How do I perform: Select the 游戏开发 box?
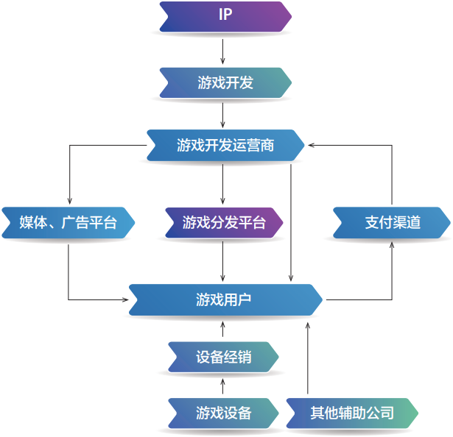(x=225, y=83)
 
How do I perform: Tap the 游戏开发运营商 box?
(x=225, y=145)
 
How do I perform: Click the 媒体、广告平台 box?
(x=68, y=222)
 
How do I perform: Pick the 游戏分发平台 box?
(x=223, y=222)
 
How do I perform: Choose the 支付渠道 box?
(x=391, y=222)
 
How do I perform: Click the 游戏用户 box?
(x=225, y=299)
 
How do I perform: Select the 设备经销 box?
(x=223, y=357)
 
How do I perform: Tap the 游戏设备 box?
(x=223, y=413)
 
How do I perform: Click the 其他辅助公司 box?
(x=351, y=413)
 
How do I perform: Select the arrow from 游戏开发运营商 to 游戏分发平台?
(x=222, y=184)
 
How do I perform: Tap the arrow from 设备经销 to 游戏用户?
(x=222, y=328)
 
